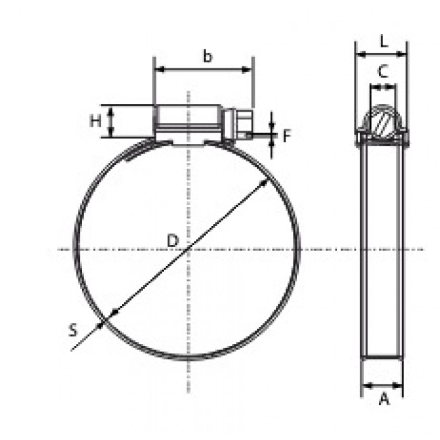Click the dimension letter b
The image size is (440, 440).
tap(207, 57)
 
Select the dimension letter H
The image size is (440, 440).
tap(96, 121)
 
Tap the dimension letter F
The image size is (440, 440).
tap(286, 136)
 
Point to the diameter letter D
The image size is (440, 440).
tap(172, 240)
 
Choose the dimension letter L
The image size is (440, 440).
tap(383, 41)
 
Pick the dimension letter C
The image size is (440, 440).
tap(382, 71)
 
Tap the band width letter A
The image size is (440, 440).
tap(383, 399)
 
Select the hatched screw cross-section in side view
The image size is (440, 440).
tap(382, 124)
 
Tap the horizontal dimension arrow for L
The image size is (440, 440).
tap(382, 54)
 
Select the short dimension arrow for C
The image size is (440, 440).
tap(382, 86)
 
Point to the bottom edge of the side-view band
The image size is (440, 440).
tap(382, 358)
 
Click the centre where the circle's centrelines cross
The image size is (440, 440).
tap(188, 250)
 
